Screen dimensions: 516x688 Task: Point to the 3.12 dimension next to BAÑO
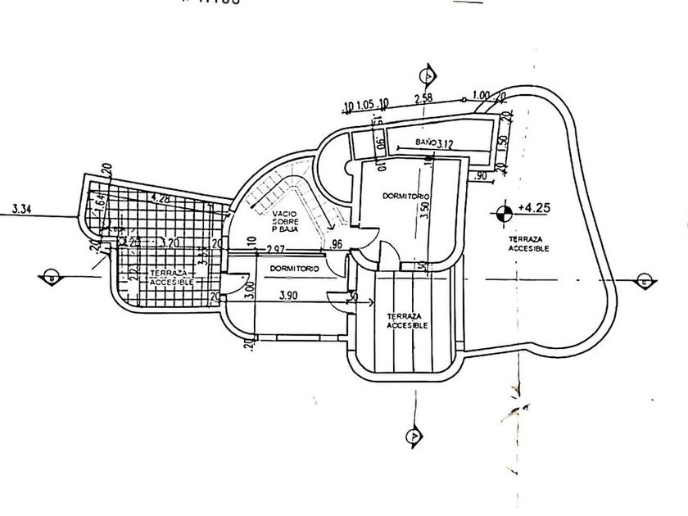(x=445, y=144)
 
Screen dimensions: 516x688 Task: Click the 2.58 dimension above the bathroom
(x=423, y=99)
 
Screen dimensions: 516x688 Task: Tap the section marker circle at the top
(x=426, y=76)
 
